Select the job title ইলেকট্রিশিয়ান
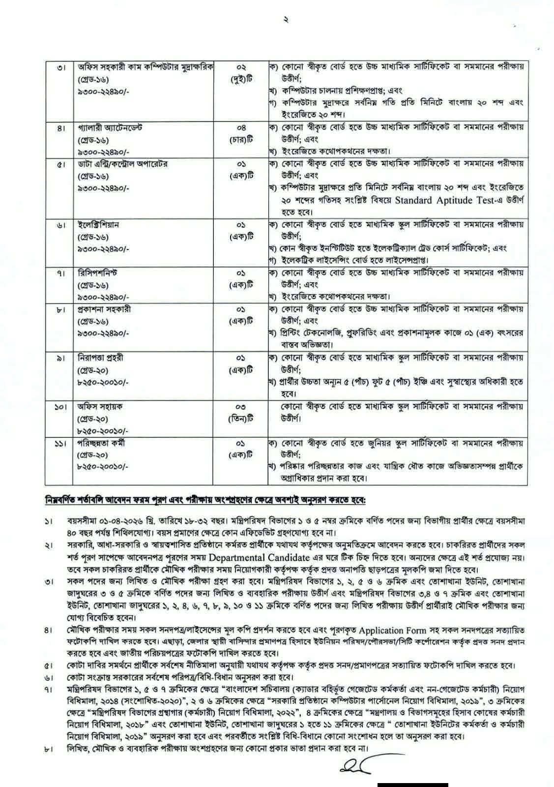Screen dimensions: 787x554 point(98,225)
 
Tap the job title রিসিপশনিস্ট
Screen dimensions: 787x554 point(97,272)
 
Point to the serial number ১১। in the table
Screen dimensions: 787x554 point(59,444)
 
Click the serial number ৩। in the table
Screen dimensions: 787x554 point(60,67)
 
